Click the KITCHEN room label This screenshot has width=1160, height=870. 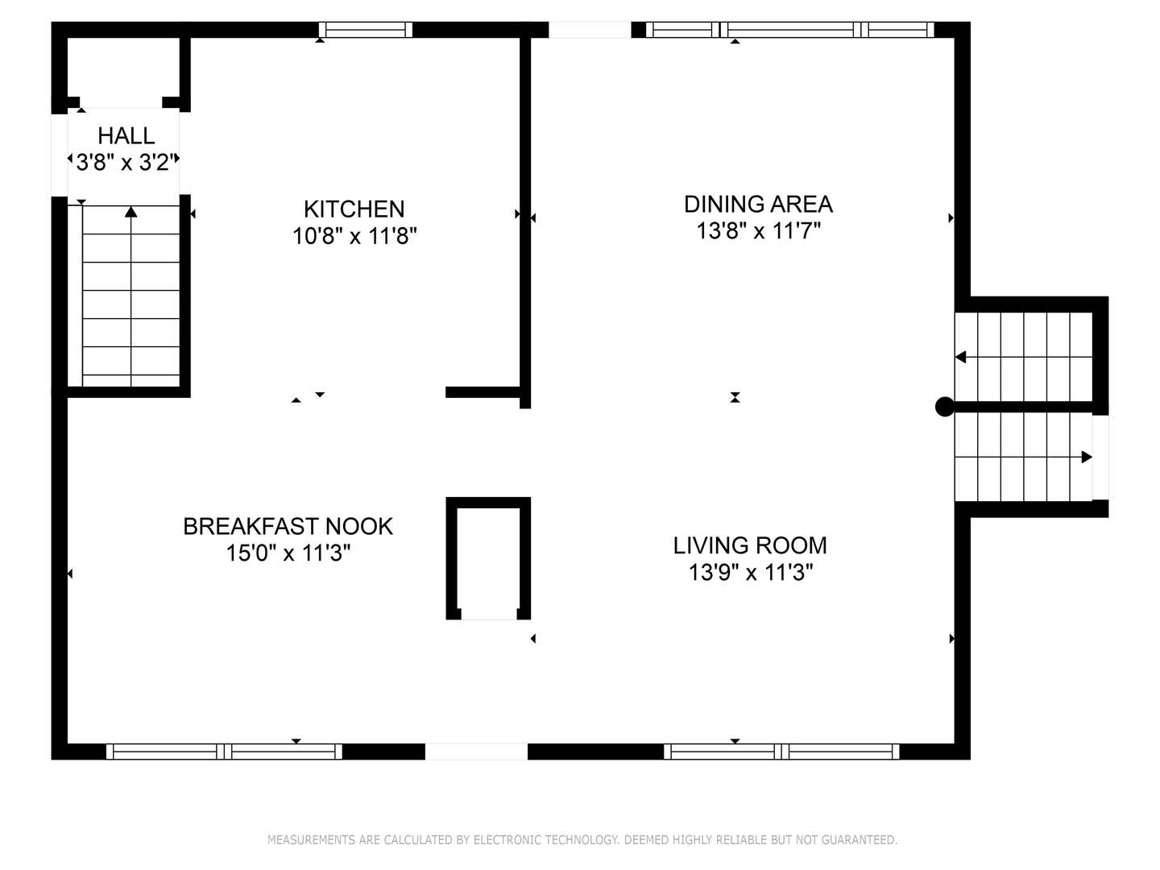pos(354,209)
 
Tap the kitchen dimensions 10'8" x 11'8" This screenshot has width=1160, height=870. pos(354,235)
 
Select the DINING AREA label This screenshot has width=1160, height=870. pos(758,205)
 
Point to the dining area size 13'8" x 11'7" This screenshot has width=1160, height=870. pos(758,231)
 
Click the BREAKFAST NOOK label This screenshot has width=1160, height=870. pos(288,527)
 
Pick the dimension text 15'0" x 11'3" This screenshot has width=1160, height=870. pos(288,553)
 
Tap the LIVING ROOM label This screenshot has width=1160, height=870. pos(750,545)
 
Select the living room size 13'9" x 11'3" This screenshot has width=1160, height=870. pos(751,572)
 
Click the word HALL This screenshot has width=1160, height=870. pos(126,136)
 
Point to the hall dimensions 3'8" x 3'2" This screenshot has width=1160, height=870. pos(125,162)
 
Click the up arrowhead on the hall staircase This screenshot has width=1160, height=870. pos(131,211)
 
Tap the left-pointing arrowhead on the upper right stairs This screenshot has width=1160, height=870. pos(960,357)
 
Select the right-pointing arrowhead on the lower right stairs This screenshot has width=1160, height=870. pos(1087,457)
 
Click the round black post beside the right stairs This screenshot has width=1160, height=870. pos(944,407)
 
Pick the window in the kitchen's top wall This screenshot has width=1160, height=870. pos(366,30)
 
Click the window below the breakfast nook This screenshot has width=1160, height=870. pos(224,751)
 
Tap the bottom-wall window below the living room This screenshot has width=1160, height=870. pos(781,751)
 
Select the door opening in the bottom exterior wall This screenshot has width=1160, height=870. pos(476,751)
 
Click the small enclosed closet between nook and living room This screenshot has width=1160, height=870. pos(488,557)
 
